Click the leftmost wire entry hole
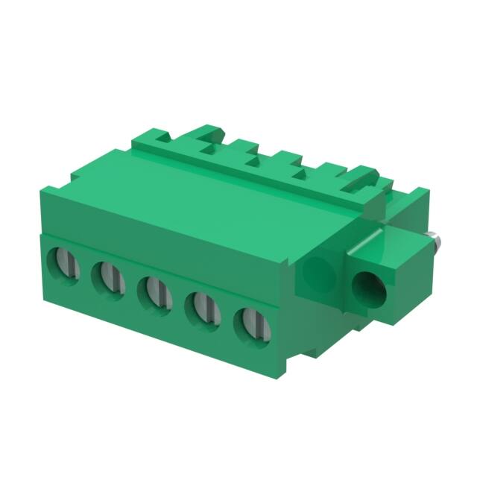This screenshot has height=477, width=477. tap(62, 263)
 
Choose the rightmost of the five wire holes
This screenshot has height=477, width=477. tap(250, 322)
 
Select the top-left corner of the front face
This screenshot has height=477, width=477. tap(39, 192)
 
